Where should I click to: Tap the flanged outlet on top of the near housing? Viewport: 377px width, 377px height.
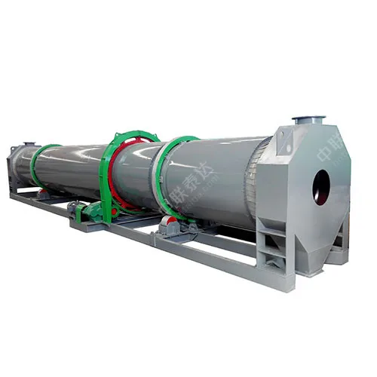[308, 121]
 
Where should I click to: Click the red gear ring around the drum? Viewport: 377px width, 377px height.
[113, 177]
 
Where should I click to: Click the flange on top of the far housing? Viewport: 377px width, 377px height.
[28, 143]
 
